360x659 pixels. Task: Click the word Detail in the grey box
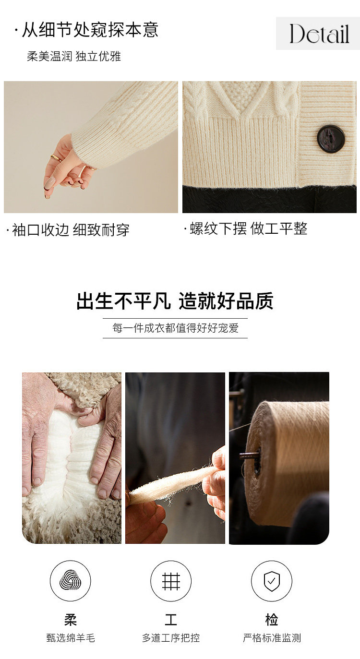pyautogui.click(x=319, y=34)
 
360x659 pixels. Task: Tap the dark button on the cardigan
pyautogui.click(x=331, y=139)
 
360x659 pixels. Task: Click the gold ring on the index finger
pyautogui.click(x=56, y=158)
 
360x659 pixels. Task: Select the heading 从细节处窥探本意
pyautogui.click(x=90, y=30)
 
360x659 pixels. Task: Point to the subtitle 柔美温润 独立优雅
pyautogui.click(x=74, y=56)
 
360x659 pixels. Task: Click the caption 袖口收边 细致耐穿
pyautogui.click(x=71, y=230)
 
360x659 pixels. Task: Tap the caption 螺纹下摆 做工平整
pyautogui.click(x=249, y=228)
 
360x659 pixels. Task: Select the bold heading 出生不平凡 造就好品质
pyautogui.click(x=175, y=300)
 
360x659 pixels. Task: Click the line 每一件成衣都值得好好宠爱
pyautogui.click(x=175, y=328)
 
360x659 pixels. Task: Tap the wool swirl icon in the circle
pyautogui.click(x=70, y=580)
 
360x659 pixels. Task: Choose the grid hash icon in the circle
pyautogui.click(x=171, y=581)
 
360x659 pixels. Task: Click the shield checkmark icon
pyautogui.click(x=272, y=581)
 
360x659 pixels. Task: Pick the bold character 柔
pyautogui.click(x=71, y=619)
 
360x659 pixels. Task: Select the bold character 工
pyautogui.click(x=171, y=619)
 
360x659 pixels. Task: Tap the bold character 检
pyautogui.click(x=272, y=619)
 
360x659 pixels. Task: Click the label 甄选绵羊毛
pyautogui.click(x=71, y=638)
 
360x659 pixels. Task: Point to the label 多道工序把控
pyautogui.click(x=171, y=638)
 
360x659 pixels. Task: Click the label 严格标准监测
pyautogui.click(x=272, y=638)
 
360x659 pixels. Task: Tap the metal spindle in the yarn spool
pyautogui.click(x=249, y=456)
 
